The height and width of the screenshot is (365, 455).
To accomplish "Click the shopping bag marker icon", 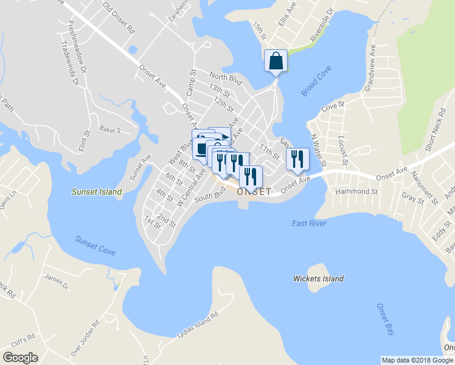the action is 276,61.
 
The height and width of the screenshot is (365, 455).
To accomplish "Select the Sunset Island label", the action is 97,192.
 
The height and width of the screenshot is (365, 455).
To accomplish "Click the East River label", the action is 308,223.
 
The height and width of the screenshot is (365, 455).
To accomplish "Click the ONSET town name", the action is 254,192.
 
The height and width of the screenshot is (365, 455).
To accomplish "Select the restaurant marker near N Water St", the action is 297,159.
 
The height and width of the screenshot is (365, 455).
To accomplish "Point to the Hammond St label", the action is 357,192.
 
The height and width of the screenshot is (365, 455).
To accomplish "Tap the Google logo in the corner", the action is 20,358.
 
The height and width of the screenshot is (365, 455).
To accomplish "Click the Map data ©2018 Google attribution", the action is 417,360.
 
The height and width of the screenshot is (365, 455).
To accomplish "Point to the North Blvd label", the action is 226,78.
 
